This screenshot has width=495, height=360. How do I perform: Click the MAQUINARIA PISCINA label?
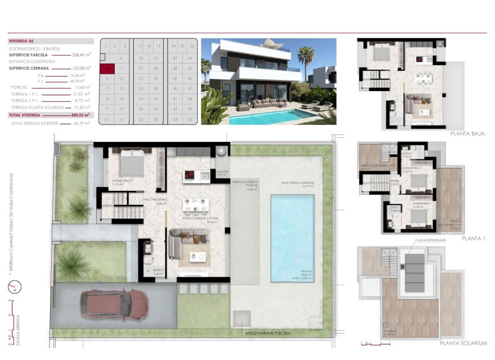pyautogui.click(x=268, y=333)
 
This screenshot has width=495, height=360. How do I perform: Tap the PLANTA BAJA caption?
pyautogui.click(x=467, y=134)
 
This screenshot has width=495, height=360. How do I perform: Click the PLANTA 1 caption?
pyautogui.click(x=473, y=238)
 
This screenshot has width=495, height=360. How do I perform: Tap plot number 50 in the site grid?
pyautogui.click(x=190, y=119)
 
